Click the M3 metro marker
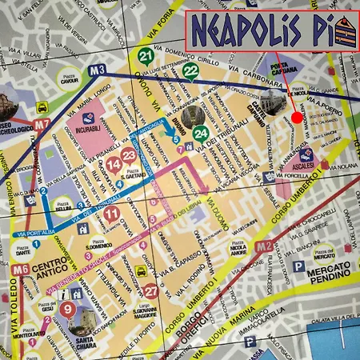pyautogui.click(x=98, y=70)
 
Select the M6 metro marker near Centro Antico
pyautogui.click(x=22, y=269)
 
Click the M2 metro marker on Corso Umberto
pyautogui.click(x=264, y=245)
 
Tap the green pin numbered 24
pyautogui.click(x=202, y=132)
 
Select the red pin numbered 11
pyautogui.click(x=111, y=213)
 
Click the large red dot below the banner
pyautogui.click(x=298, y=117)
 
